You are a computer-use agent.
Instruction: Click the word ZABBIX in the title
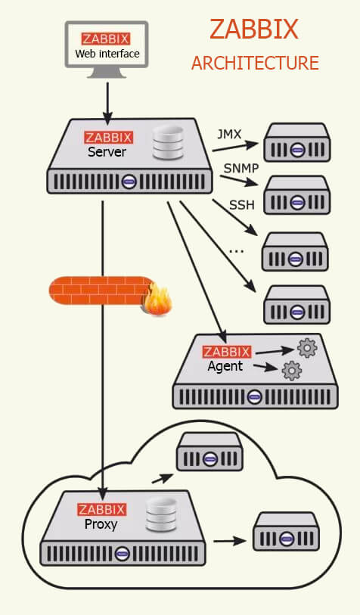pyautogui.click(x=254, y=30)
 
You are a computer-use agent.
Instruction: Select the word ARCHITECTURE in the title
pyautogui.click(x=255, y=63)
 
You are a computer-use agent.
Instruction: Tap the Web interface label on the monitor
pyautogui.click(x=107, y=54)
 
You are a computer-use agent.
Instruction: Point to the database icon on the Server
pyautogui.click(x=168, y=143)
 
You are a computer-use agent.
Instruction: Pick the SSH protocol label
pyautogui.click(x=242, y=205)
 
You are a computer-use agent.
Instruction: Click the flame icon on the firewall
pyautogui.click(x=159, y=300)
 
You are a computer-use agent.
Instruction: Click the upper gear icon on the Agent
pyautogui.click(x=306, y=347)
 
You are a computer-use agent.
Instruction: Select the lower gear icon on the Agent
pyautogui.click(x=291, y=370)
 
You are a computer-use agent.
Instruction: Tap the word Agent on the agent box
pyautogui.click(x=225, y=366)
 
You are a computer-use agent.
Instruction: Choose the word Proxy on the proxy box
pyautogui.click(x=101, y=523)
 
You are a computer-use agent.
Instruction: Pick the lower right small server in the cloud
pyautogui.click(x=286, y=531)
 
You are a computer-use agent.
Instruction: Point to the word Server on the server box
pyautogui.click(x=107, y=152)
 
